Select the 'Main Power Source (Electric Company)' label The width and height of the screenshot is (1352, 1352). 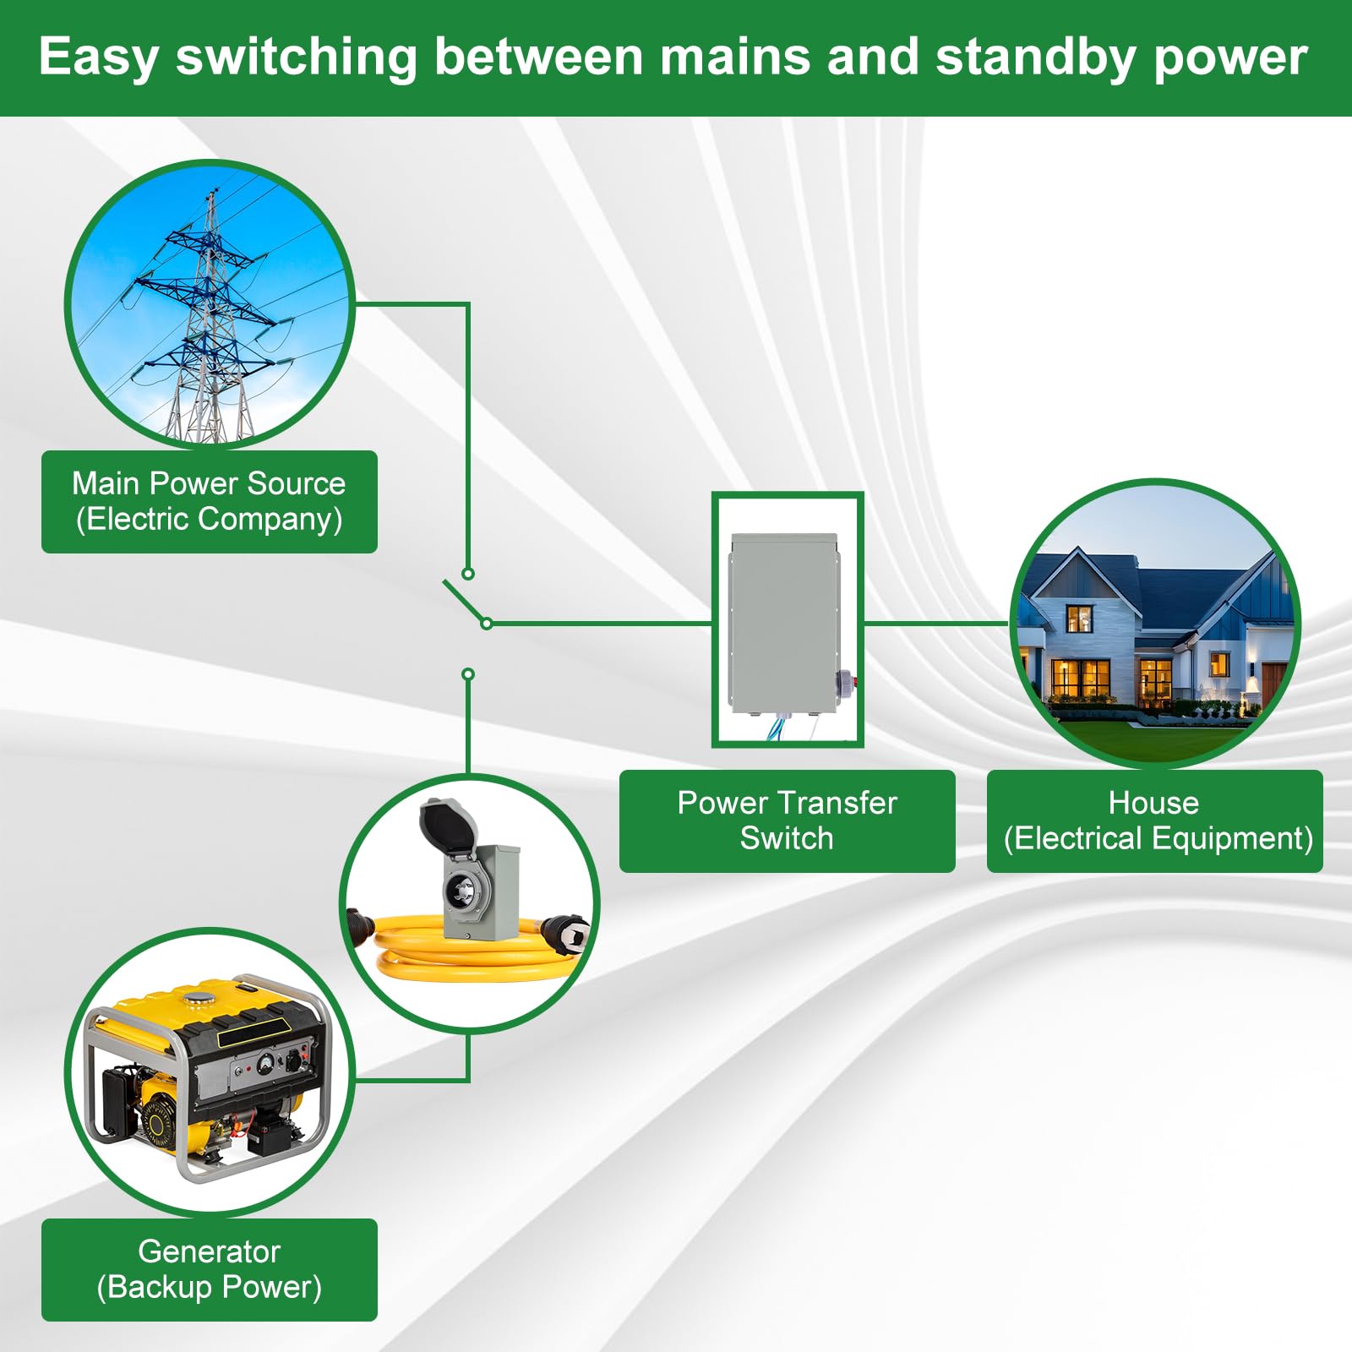click(210, 502)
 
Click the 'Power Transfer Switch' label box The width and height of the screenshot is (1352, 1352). click(787, 820)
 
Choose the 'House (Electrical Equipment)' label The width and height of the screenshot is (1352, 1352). click(1154, 820)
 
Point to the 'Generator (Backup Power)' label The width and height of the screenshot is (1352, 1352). click(210, 1269)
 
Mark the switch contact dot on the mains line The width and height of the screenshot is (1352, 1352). click(467, 574)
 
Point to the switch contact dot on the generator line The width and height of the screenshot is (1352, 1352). click(468, 674)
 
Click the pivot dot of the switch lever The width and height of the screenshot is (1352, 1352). click(487, 624)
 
